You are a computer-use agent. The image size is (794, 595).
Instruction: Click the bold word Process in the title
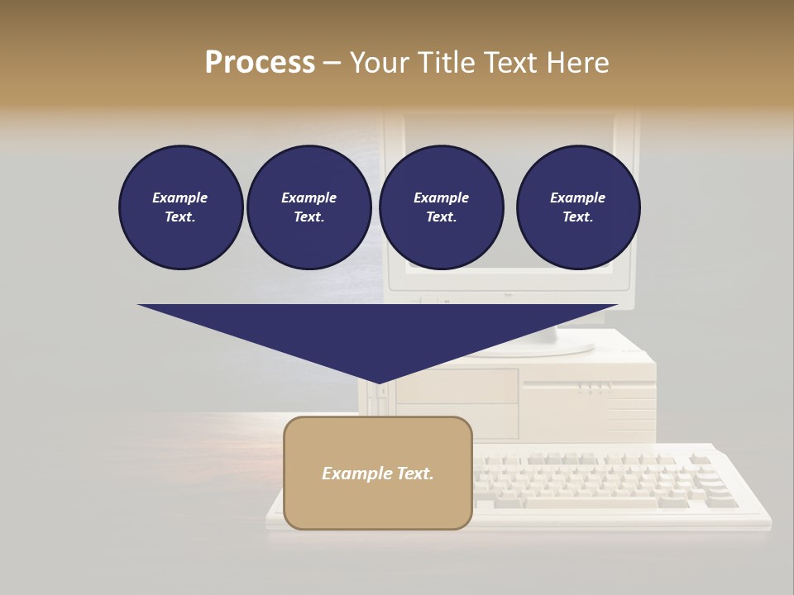(x=260, y=63)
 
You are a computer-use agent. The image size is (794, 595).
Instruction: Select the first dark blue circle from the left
(x=180, y=207)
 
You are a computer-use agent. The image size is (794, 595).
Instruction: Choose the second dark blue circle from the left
(x=309, y=207)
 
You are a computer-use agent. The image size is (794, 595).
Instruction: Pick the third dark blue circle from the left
(x=441, y=207)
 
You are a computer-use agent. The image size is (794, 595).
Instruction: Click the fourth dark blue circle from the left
(x=577, y=207)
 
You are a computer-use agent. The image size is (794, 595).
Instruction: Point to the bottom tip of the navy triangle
(x=379, y=383)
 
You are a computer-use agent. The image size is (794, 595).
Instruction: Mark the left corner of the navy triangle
(x=139, y=306)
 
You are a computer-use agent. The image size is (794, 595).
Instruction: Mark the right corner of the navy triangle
(x=616, y=306)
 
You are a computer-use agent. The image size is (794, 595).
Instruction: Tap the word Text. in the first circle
(x=180, y=217)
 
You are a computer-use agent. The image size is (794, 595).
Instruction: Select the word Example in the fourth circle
(x=577, y=198)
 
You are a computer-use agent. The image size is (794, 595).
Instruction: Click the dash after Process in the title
(x=332, y=63)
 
